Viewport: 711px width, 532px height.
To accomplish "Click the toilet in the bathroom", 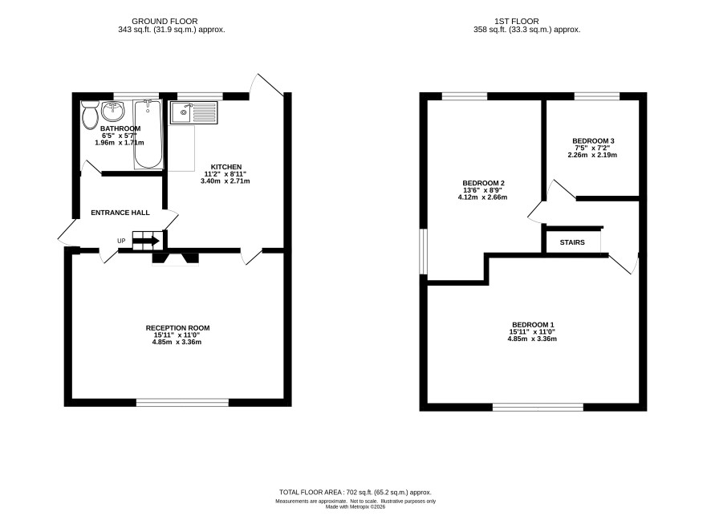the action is tap(90, 114).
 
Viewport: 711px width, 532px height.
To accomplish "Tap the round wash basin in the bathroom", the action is tap(113, 110).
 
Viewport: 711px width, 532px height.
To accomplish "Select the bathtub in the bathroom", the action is tap(148, 134).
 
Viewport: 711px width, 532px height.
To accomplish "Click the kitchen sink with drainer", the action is tap(194, 112).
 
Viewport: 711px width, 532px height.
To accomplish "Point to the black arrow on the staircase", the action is tap(146, 241).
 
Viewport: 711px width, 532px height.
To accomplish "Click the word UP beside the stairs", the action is tap(121, 241).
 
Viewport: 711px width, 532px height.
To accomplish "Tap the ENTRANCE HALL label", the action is tap(120, 213).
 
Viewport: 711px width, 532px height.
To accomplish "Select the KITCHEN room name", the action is tap(226, 167).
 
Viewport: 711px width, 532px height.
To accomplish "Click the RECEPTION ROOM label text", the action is tap(178, 328).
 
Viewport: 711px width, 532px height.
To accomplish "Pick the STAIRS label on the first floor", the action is tap(572, 242).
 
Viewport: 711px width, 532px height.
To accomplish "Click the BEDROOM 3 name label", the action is tap(593, 141).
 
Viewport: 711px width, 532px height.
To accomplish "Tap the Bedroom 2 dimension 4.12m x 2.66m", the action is tap(483, 197).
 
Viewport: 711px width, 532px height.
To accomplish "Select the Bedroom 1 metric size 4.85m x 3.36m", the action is tap(532, 339).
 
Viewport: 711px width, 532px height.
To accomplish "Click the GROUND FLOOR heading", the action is tap(165, 22).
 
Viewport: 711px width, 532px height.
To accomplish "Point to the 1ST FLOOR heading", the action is tap(517, 22).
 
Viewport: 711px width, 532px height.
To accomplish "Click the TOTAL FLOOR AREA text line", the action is tap(355, 492).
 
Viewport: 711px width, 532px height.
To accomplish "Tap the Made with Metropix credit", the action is tap(355, 506).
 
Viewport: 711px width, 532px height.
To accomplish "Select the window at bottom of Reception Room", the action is tap(183, 402).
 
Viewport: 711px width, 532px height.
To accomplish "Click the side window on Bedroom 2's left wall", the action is tap(423, 252).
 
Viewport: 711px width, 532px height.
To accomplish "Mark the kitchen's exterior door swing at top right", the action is tap(270, 85).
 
